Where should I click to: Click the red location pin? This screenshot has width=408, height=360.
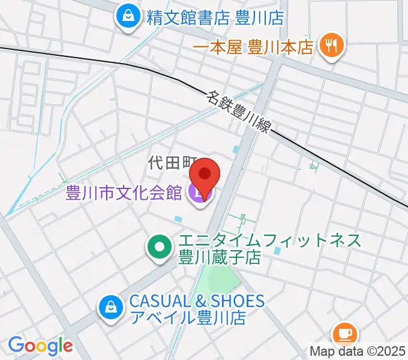tap(205, 174)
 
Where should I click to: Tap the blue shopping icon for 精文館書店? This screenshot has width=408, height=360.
tap(128, 17)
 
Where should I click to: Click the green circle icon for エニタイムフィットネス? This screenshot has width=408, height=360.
tap(159, 247)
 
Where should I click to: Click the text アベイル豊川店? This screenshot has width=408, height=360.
tap(187, 318)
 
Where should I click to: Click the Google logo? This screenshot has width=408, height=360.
tap(40, 346)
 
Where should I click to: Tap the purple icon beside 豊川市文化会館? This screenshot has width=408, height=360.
tap(198, 193)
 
